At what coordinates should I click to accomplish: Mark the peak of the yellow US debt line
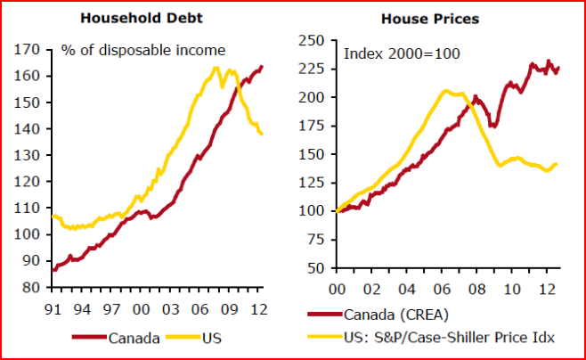coord(216,67)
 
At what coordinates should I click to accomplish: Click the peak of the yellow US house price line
coord(445,90)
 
